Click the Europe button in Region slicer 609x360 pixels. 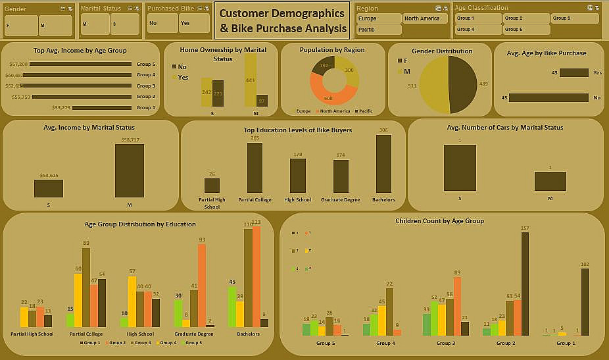378,18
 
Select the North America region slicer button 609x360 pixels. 424,18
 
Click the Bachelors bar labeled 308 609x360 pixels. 383,163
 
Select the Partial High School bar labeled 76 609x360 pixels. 212,185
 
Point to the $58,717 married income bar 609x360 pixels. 129,170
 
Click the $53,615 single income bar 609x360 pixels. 49,188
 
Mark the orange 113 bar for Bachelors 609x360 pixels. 256,276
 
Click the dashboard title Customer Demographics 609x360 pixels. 282,20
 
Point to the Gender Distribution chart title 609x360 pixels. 442,51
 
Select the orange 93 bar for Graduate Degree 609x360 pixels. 202,285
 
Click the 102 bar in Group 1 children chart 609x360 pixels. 585,301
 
